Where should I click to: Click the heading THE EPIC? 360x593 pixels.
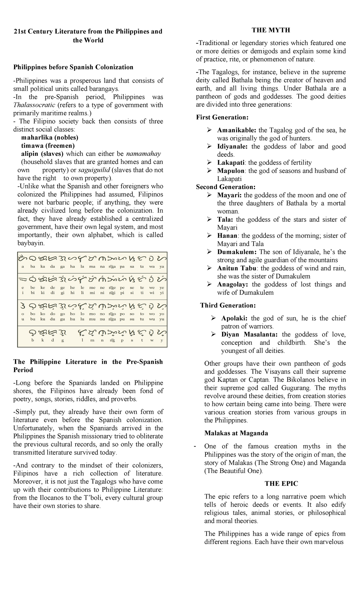coord(281,483)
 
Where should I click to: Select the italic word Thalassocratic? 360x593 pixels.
coord(34,105)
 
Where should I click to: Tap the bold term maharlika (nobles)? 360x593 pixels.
coord(49,137)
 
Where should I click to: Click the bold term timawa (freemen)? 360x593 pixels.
coord(48,146)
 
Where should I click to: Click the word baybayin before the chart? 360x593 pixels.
coord(29,243)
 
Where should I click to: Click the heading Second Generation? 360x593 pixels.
coord(226,187)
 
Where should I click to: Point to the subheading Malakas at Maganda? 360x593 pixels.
coord(236,433)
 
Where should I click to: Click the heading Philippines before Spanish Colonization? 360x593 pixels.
coord(73,67)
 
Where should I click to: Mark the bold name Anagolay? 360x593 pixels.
coord(232,284)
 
